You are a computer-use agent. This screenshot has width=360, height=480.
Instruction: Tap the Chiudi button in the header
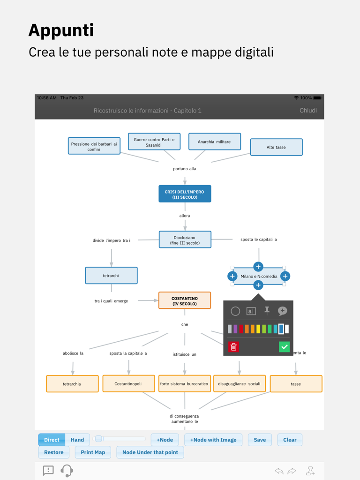[308, 111]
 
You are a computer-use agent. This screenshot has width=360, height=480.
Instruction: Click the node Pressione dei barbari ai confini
[94, 146]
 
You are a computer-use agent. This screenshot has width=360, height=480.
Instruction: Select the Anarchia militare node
[214, 142]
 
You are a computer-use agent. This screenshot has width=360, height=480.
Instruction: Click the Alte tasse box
[276, 147]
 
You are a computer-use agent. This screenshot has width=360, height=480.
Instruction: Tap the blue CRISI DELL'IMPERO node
[185, 194]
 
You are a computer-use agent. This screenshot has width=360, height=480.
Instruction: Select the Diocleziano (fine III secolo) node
[185, 240]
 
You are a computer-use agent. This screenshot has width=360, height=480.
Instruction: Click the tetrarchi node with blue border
[111, 276]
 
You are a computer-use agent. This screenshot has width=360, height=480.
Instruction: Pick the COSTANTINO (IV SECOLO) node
[185, 301]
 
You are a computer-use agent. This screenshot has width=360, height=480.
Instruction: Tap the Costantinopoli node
[128, 384]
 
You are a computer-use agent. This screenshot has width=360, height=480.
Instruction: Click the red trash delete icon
[233, 347]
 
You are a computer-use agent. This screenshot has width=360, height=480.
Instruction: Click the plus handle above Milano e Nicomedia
[258, 267]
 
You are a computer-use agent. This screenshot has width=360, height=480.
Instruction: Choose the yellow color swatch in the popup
[258, 329]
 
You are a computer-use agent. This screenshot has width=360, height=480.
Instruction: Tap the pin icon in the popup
[267, 311]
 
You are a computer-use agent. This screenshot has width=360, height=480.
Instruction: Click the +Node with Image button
[213, 440]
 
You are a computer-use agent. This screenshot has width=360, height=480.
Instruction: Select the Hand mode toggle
[77, 440]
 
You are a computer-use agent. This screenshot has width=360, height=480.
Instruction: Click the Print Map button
[93, 452]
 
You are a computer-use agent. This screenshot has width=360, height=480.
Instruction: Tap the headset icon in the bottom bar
[67, 471]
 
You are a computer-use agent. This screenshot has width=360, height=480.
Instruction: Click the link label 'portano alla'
[185, 169]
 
